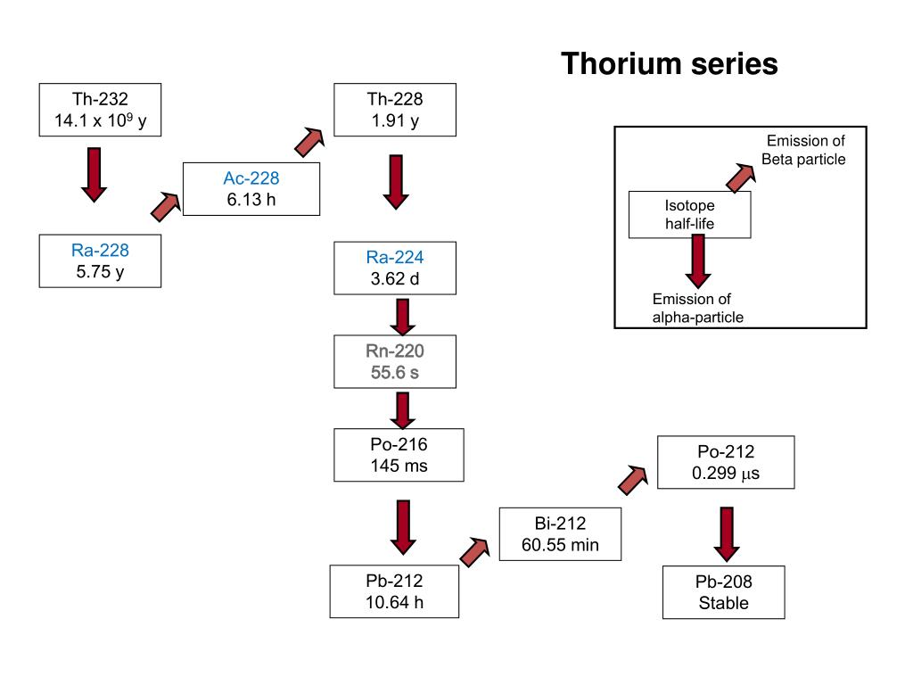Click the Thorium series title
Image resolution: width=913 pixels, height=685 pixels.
[669, 64]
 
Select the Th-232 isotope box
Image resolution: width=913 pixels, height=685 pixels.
[100, 110]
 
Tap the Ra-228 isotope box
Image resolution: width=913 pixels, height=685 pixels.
[100, 260]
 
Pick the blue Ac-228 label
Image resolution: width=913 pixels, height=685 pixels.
[251, 178]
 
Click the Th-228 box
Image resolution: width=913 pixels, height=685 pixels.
[395, 109]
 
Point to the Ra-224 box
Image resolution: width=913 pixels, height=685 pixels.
[395, 268]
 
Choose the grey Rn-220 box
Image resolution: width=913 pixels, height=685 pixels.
[395, 361]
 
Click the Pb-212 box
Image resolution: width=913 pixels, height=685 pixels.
[393, 591]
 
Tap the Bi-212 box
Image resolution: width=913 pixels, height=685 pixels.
[560, 533]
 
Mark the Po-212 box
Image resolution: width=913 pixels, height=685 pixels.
[725, 462]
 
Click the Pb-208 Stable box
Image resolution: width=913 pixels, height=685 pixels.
[724, 592]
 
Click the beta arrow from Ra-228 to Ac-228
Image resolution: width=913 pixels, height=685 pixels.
[166, 207]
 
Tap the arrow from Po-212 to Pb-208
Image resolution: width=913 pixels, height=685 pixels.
[727, 533]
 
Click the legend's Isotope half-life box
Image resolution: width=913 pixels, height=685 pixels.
[689, 214]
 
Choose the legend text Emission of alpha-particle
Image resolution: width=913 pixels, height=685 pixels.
[697, 308]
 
